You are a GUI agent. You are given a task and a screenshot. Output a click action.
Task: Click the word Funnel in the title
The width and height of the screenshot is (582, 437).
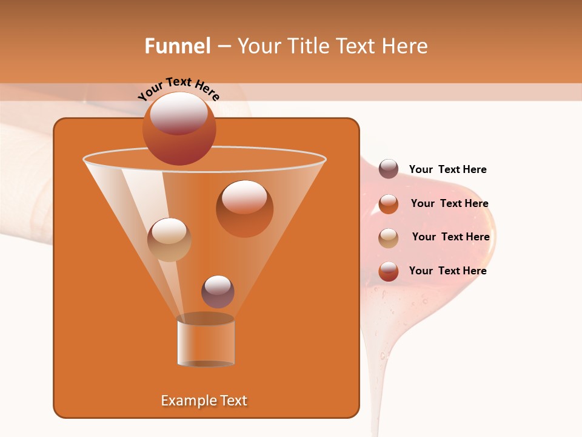click(x=177, y=46)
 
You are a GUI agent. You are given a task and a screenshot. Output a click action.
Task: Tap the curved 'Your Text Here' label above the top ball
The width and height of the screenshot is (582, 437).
click(x=179, y=89)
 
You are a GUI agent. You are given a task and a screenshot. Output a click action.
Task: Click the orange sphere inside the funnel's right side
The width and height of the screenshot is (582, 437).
click(x=244, y=209)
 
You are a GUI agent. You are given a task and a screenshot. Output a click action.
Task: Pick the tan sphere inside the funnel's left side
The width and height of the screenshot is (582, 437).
click(x=169, y=240)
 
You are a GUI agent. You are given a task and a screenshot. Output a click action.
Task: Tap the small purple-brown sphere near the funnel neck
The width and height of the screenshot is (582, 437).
click(x=218, y=292)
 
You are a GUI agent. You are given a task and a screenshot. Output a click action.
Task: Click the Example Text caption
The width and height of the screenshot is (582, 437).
click(x=204, y=401)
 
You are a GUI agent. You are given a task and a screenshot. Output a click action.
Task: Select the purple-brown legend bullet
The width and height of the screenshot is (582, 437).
click(x=389, y=169)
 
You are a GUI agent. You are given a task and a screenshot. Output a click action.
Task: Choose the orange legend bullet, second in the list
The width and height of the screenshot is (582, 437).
click(x=389, y=204)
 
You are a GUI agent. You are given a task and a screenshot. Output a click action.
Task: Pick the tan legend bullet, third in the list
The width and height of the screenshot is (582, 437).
click(x=389, y=238)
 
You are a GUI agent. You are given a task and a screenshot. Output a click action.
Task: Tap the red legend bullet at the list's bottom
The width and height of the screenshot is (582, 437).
click(x=389, y=271)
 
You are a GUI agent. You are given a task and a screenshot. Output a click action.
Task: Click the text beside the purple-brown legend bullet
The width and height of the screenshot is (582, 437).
click(x=447, y=170)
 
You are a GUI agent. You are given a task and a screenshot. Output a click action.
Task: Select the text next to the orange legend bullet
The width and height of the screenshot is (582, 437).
click(x=449, y=204)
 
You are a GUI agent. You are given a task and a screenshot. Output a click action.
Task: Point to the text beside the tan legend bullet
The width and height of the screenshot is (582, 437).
click(x=450, y=237)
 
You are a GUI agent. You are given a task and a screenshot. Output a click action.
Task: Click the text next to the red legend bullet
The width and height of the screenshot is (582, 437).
click(x=447, y=271)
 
